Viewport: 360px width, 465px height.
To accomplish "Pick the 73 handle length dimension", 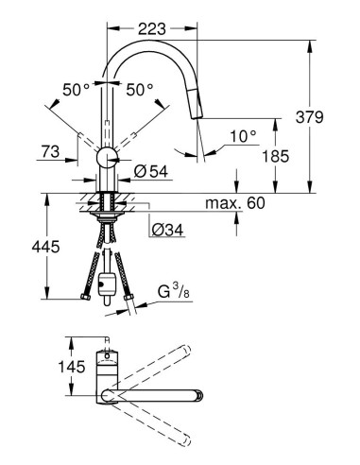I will click(x=51, y=150).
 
